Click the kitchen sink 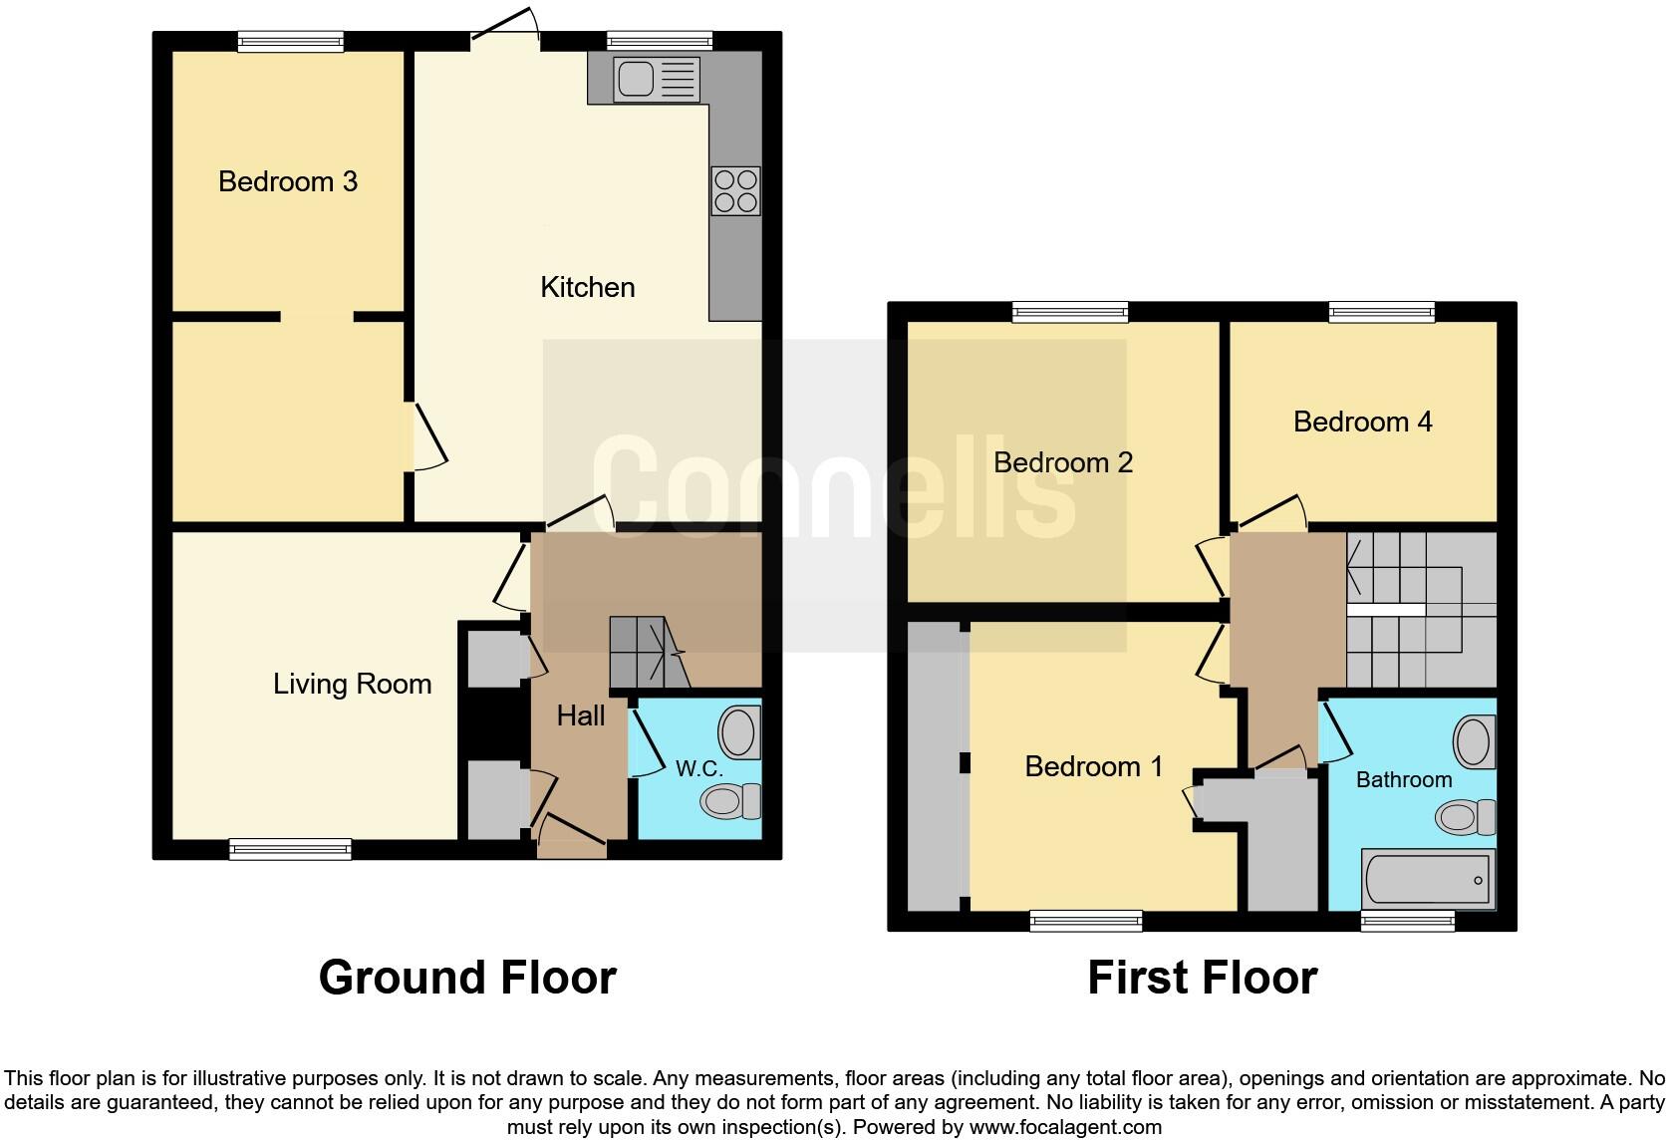pyautogui.click(x=657, y=80)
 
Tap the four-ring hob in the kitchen pyautogui.click(x=735, y=191)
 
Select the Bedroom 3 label pyautogui.click(x=288, y=181)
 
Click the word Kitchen pyautogui.click(x=588, y=287)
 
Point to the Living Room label pyautogui.click(x=352, y=685)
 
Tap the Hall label pyautogui.click(x=580, y=715)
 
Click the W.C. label pyautogui.click(x=699, y=768)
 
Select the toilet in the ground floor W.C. pyautogui.click(x=730, y=801)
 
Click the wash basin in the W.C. pyautogui.click(x=739, y=732)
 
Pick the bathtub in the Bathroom pyautogui.click(x=1428, y=879)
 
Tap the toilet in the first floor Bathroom pyautogui.click(x=1465, y=817)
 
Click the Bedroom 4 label pyautogui.click(x=1362, y=422)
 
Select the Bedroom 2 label pyautogui.click(x=1063, y=462)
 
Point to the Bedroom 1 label pyautogui.click(x=1093, y=766)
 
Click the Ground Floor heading pyautogui.click(x=468, y=978)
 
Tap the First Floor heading pyautogui.click(x=1203, y=978)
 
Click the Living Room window pyautogui.click(x=290, y=849)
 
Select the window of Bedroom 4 pyautogui.click(x=1382, y=312)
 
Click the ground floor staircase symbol pyautogui.click(x=650, y=652)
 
